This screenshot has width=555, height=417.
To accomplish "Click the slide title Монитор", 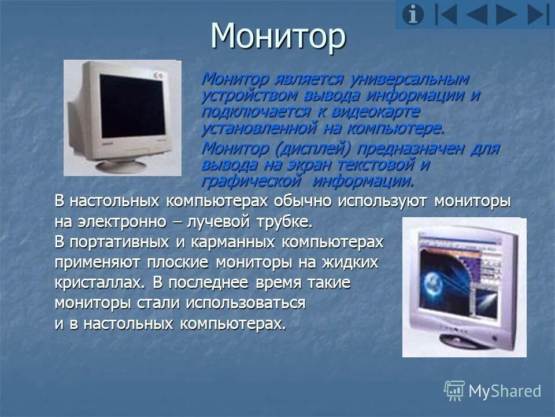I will (278, 36).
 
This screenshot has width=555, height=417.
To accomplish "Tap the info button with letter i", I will (413, 14).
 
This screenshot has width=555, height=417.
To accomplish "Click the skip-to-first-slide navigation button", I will (446, 14).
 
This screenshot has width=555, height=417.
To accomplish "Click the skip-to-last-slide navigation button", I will (539, 14).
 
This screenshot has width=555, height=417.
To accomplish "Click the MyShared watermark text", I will (504, 391).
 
